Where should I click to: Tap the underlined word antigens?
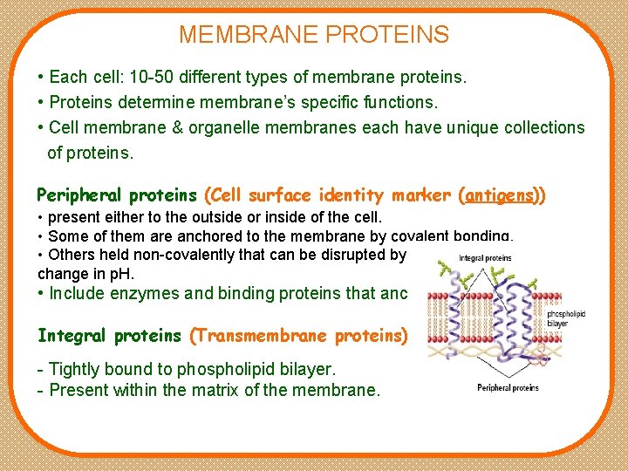501,195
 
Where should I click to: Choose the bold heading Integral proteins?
110,335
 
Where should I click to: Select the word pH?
111,273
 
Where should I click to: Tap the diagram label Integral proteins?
484,258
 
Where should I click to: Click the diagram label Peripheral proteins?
507,387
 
